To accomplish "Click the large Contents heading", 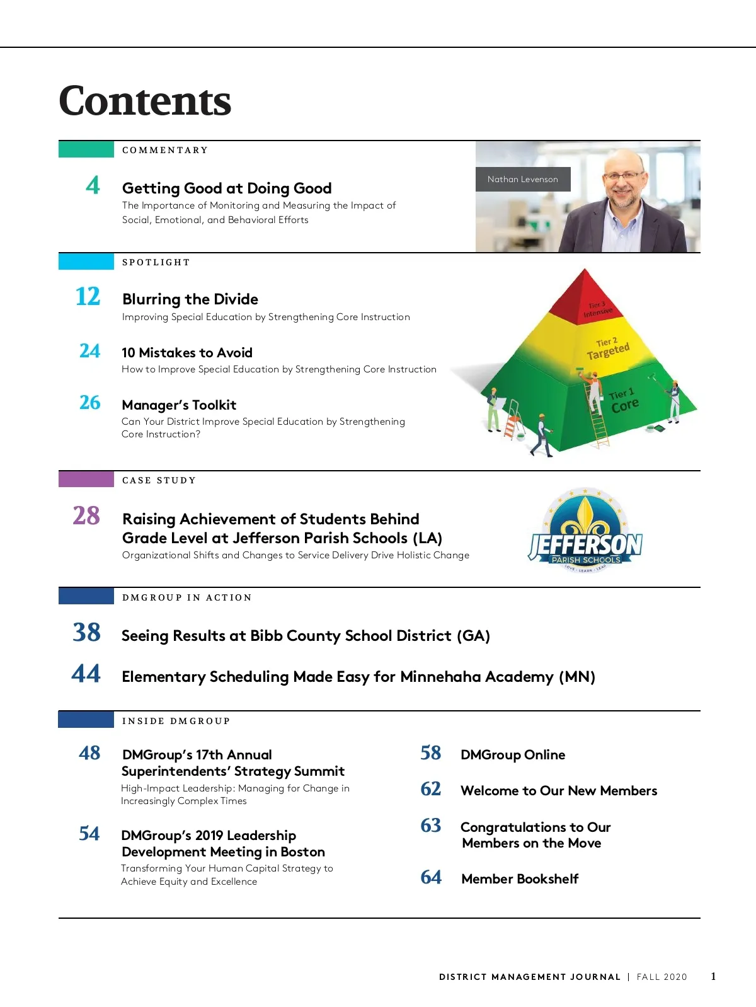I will [x=145, y=101].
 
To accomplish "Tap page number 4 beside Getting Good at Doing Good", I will [x=93, y=185].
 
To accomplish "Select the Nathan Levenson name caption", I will [x=522, y=180].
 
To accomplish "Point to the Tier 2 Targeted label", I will [x=607, y=349].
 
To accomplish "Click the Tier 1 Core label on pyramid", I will [x=623, y=401].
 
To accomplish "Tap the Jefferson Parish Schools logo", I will [x=585, y=531].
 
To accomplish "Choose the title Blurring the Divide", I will [x=190, y=299].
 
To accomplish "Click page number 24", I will [x=89, y=350].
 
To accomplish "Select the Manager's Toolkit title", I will [x=179, y=405].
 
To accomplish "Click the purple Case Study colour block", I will [x=86, y=480].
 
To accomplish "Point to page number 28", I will [x=86, y=515].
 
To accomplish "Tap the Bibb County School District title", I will [x=306, y=636].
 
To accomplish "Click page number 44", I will [x=86, y=674].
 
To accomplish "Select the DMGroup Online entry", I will [x=513, y=755].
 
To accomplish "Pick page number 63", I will [x=431, y=826].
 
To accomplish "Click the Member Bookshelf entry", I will [x=520, y=879].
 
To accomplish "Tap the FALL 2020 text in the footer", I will [x=661, y=977].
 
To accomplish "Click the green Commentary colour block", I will [x=86, y=149].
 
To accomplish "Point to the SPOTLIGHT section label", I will [x=156, y=263].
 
